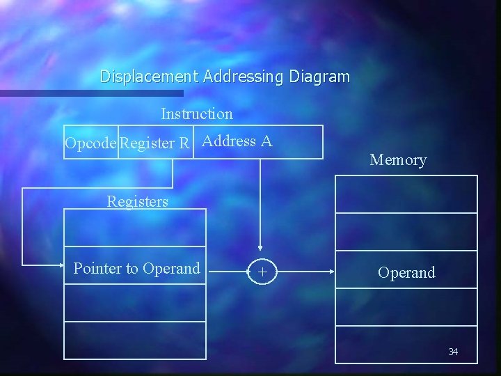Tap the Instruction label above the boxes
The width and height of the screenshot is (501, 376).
pos(197,113)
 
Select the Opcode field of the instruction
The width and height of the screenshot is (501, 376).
pos(91,143)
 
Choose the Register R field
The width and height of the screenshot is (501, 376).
pos(155,143)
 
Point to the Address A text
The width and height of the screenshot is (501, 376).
pos(237,141)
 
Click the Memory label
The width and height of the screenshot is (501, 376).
pos(398,160)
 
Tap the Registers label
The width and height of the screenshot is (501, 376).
pos(137,202)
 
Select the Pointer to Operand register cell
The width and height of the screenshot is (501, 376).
pos(136,269)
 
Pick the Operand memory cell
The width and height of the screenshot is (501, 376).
pos(406,272)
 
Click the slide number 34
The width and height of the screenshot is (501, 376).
pos(453,352)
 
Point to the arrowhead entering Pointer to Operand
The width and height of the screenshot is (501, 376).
pos(59,265)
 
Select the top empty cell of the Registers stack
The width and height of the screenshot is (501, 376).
pos(135,228)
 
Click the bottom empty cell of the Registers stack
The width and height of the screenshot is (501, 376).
pos(135,340)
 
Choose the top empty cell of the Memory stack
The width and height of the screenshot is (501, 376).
pos(406,194)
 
